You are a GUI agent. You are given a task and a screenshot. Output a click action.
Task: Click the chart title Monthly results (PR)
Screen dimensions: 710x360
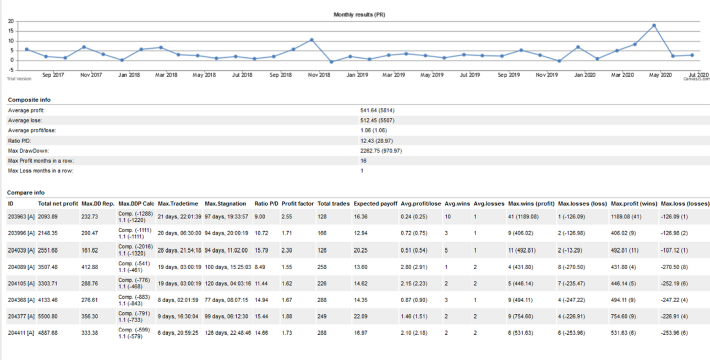click(359, 14)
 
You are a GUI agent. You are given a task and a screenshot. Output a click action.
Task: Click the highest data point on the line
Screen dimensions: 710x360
click(654, 26)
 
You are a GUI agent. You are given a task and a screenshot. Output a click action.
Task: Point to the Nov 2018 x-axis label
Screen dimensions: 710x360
click(319, 75)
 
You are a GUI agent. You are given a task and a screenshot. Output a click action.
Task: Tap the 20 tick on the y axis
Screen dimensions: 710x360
click(11, 21)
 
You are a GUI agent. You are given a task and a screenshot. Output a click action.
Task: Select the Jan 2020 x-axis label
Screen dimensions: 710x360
click(585, 75)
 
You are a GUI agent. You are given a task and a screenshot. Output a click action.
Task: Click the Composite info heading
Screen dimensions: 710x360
click(29, 100)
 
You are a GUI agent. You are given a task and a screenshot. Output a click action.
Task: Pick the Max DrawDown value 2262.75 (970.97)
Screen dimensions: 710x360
click(381, 151)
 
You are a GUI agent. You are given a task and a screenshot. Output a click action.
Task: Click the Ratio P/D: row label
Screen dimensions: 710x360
click(19, 141)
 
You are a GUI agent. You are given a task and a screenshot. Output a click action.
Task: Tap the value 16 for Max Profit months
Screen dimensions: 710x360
click(363, 161)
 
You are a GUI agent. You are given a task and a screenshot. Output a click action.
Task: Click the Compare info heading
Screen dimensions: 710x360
click(26, 193)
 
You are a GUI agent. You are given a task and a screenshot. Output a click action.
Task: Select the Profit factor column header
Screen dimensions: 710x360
click(298, 204)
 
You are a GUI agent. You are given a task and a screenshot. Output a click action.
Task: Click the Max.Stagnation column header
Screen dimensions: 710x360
click(225, 204)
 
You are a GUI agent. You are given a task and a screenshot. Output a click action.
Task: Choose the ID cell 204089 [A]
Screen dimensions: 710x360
click(21, 267)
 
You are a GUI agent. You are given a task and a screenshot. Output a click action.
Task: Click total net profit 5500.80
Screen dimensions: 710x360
click(48, 317)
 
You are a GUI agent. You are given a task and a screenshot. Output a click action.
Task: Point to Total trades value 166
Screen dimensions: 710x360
click(322, 233)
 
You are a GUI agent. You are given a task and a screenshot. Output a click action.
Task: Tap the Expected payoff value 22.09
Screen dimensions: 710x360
click(361, 317)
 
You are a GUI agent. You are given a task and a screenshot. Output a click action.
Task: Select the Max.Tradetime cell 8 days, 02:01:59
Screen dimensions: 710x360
click(178, 300)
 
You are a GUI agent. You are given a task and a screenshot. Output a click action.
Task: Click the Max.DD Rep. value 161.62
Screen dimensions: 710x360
click(90, 250)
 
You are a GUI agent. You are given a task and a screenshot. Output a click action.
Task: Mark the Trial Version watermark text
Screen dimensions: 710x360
click(19, 79)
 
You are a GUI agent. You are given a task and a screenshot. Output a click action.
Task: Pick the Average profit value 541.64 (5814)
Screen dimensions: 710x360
click(377, 111)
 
